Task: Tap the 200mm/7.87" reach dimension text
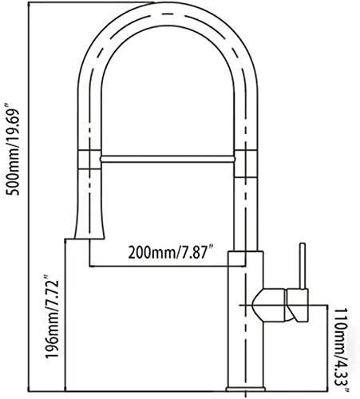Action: pos(172,252)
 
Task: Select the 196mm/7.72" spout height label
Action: pos(51,316)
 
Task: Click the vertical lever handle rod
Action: pos(303,266)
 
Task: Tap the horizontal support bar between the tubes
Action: pos(168,159)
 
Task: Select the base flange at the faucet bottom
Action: pos(245,389)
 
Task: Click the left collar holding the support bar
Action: pos(89,160)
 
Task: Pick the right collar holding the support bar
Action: pos(246,163)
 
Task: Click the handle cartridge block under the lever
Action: pos(298,306)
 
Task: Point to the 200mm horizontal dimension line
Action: pos(167,266)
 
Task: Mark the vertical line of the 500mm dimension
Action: pos(28,197)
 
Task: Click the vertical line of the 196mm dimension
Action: pos(65,315)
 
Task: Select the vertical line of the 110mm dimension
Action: pos(326,348)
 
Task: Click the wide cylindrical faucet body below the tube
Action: pos(245,319)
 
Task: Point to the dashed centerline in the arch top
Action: pos(168,14)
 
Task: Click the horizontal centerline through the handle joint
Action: pos(283,305)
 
